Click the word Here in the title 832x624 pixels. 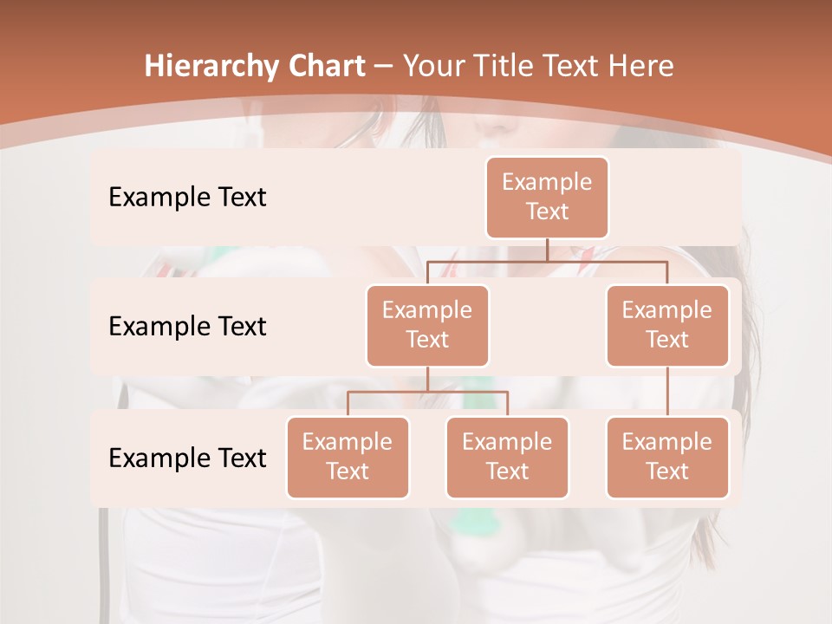tap(641, 67)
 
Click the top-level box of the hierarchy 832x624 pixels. tap(547, 197)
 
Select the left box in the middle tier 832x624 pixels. tap(427, 325)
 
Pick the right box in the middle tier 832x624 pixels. tap(667, 325)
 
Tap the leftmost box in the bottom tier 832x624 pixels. tap(348, 457)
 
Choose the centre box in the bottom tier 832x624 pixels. tap(507, 457)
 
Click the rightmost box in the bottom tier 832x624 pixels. tap(667, 457)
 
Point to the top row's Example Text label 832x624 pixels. tap(187, 197)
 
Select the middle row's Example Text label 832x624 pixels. tap(187, 326)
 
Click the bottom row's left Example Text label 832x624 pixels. tap(187, 458)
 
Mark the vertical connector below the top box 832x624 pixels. tap(547, 250)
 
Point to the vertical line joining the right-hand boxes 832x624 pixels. tap(667, 391)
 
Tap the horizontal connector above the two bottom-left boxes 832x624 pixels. tap(427, 392)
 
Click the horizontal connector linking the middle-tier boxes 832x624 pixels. tap(547, 261)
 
